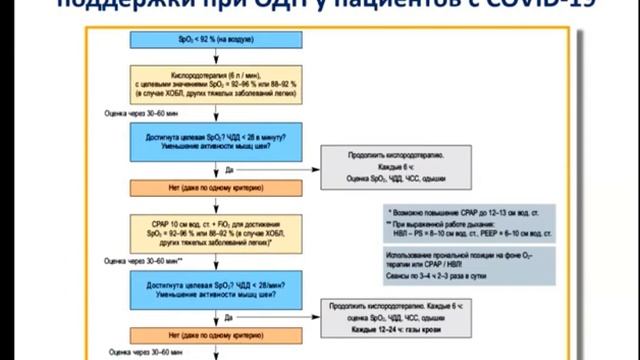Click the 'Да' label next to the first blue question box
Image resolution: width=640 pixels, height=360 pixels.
click(229, 169)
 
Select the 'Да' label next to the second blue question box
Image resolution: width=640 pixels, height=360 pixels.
click(229, 317)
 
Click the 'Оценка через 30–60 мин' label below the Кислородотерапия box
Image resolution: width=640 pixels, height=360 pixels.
click(141, 114)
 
